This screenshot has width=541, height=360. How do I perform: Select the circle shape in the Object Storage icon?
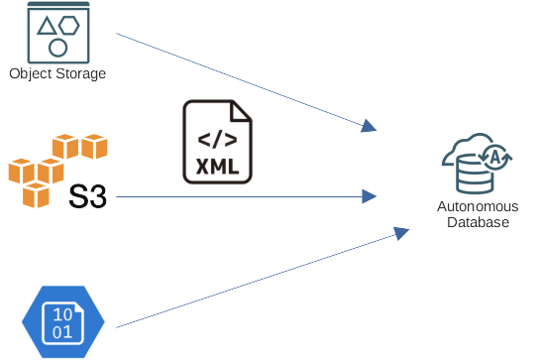pos(57,47)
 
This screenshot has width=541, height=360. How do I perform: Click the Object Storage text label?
pos(56,73)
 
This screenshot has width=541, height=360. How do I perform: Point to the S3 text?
pos(87,195)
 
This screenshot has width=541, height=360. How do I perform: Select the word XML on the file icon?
pos(217,166)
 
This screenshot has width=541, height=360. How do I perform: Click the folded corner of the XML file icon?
pos(244,110)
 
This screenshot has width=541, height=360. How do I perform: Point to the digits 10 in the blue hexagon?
pos(61,311)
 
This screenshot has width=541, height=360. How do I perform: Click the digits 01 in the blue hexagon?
pos(61,331)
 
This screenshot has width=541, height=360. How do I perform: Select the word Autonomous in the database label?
pos(477,207)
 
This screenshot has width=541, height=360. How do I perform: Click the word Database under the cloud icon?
pos(477,222)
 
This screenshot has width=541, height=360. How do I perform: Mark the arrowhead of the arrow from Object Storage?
pos(370,126)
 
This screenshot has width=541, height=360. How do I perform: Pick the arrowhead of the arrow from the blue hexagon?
pos(401,232)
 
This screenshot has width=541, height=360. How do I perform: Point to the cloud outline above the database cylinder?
pos(466,146)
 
